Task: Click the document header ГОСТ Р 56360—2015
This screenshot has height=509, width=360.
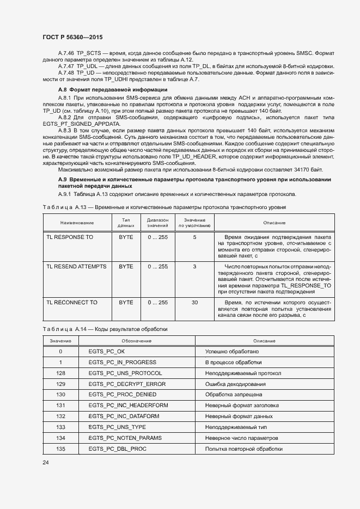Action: coord(72,37)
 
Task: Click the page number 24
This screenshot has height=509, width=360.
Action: coord(45,462)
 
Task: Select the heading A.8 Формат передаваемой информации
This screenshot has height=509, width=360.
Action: coord(112,89)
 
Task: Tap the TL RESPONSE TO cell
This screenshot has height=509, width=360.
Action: coord(70,237)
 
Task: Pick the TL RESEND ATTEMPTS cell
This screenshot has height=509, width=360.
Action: coord(76,267)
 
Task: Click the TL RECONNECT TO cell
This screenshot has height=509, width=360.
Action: coord(72,302)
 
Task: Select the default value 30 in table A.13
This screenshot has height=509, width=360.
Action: coord(194,302)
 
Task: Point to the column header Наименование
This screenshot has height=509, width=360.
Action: coord(77,223)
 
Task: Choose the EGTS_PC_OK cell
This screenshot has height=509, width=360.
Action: coord(106,352)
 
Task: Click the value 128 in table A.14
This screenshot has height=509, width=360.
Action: coord(60,373)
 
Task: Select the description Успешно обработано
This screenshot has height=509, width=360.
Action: coord(231,352)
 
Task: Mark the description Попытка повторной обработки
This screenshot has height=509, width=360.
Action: coord(243,449)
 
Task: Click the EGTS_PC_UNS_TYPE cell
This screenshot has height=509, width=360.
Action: coord(117,427)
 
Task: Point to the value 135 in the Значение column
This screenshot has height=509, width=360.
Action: coord(60,449)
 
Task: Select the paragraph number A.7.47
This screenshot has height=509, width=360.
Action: coord(66,65)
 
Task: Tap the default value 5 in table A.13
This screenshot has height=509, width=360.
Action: coord(194,237)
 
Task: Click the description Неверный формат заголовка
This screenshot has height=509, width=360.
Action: coord(241,406)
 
